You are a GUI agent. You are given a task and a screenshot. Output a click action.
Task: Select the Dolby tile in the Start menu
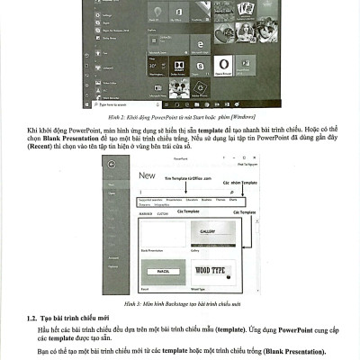tap(177, 66)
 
